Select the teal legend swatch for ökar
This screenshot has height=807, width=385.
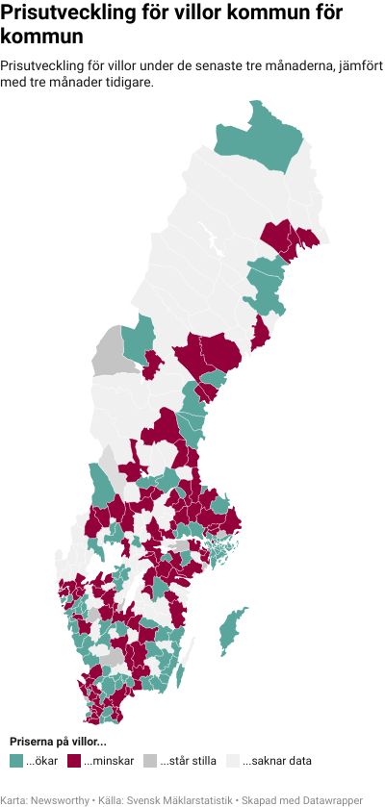tap(16, 761)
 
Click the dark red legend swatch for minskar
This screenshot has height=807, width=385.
tap(74, 761)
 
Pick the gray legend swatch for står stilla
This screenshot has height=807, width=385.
tap(149, 761)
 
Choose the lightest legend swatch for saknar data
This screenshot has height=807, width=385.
tap(232, 761)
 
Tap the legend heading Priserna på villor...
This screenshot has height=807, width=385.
tap(58, 742)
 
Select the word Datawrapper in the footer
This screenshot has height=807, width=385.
tap(332, 799)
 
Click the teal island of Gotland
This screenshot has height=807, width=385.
tap(230, 629)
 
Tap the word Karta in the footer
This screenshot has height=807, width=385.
tap(13, 799)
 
